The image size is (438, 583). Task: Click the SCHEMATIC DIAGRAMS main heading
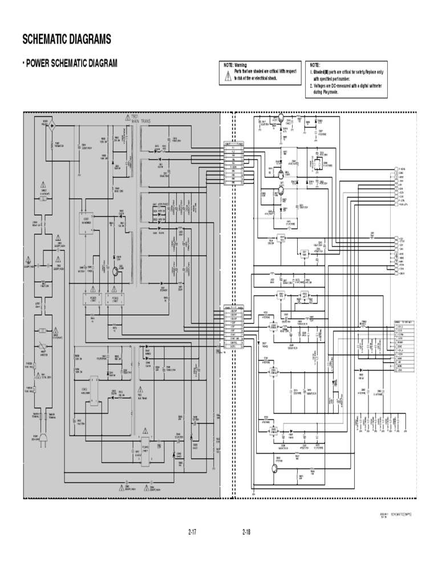pos(66,39)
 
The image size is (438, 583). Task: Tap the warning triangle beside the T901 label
pos(127,117)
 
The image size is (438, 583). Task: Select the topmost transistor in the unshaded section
pos(281,118)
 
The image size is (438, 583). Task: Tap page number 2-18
pos(246,532)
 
